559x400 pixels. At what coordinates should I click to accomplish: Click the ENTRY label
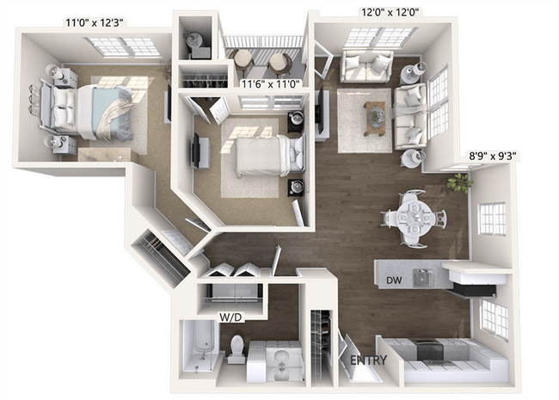click(368, 360)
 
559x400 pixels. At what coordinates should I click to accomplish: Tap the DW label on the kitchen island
click(395, 280)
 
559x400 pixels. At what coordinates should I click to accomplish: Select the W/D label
click(230, 317)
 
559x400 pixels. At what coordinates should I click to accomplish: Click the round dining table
click(408, 218)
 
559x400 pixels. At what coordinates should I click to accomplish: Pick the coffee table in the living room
click(374, 116)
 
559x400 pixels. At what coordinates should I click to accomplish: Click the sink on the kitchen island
click(422, 277)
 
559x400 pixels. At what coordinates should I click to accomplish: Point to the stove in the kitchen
click(429, 348)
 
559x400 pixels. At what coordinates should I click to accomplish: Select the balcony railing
click(263, 42)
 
